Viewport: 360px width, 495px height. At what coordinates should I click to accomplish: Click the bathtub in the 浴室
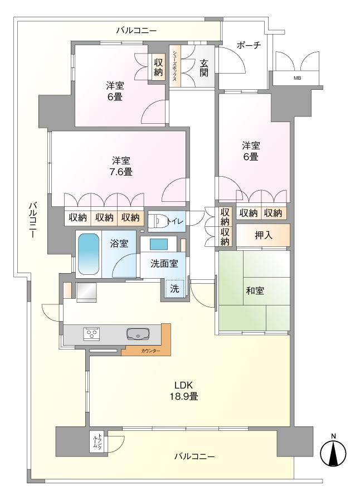[x=89, y=254]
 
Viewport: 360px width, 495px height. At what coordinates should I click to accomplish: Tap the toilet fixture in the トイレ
[x=157, y=221]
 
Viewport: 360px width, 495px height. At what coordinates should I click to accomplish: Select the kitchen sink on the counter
[x=138, y=334]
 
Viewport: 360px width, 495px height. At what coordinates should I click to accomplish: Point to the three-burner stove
[x=92, y=334]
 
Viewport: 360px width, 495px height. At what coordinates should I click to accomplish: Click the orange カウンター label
[x=150, y=351]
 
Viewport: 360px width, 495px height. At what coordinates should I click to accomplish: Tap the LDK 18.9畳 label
[x=184, y=391]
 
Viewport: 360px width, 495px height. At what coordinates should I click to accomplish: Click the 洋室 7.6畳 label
[x=121, y=166]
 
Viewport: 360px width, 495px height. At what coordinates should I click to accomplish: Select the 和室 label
[x=255, y=290]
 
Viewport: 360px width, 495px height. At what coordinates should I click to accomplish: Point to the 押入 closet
[x=263, y=235]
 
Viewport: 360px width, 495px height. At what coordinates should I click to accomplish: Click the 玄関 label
[x=203, y=68]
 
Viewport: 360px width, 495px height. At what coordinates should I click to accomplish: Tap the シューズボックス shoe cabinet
[x=175, y=66]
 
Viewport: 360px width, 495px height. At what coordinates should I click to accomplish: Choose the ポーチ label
[x=249, y=45]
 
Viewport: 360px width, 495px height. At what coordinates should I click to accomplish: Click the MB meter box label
[x=297, y=78]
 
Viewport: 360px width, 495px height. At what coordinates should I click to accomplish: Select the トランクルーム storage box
[x=98, y=442]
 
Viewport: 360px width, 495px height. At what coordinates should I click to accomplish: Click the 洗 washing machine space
[x=175, y=288]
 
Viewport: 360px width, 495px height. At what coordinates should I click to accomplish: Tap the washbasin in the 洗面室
[x=159, y=244]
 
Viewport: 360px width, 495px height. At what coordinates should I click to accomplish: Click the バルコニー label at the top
[x=137, y=31]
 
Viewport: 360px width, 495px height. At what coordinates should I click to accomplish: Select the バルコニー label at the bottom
[x=194, y=456]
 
